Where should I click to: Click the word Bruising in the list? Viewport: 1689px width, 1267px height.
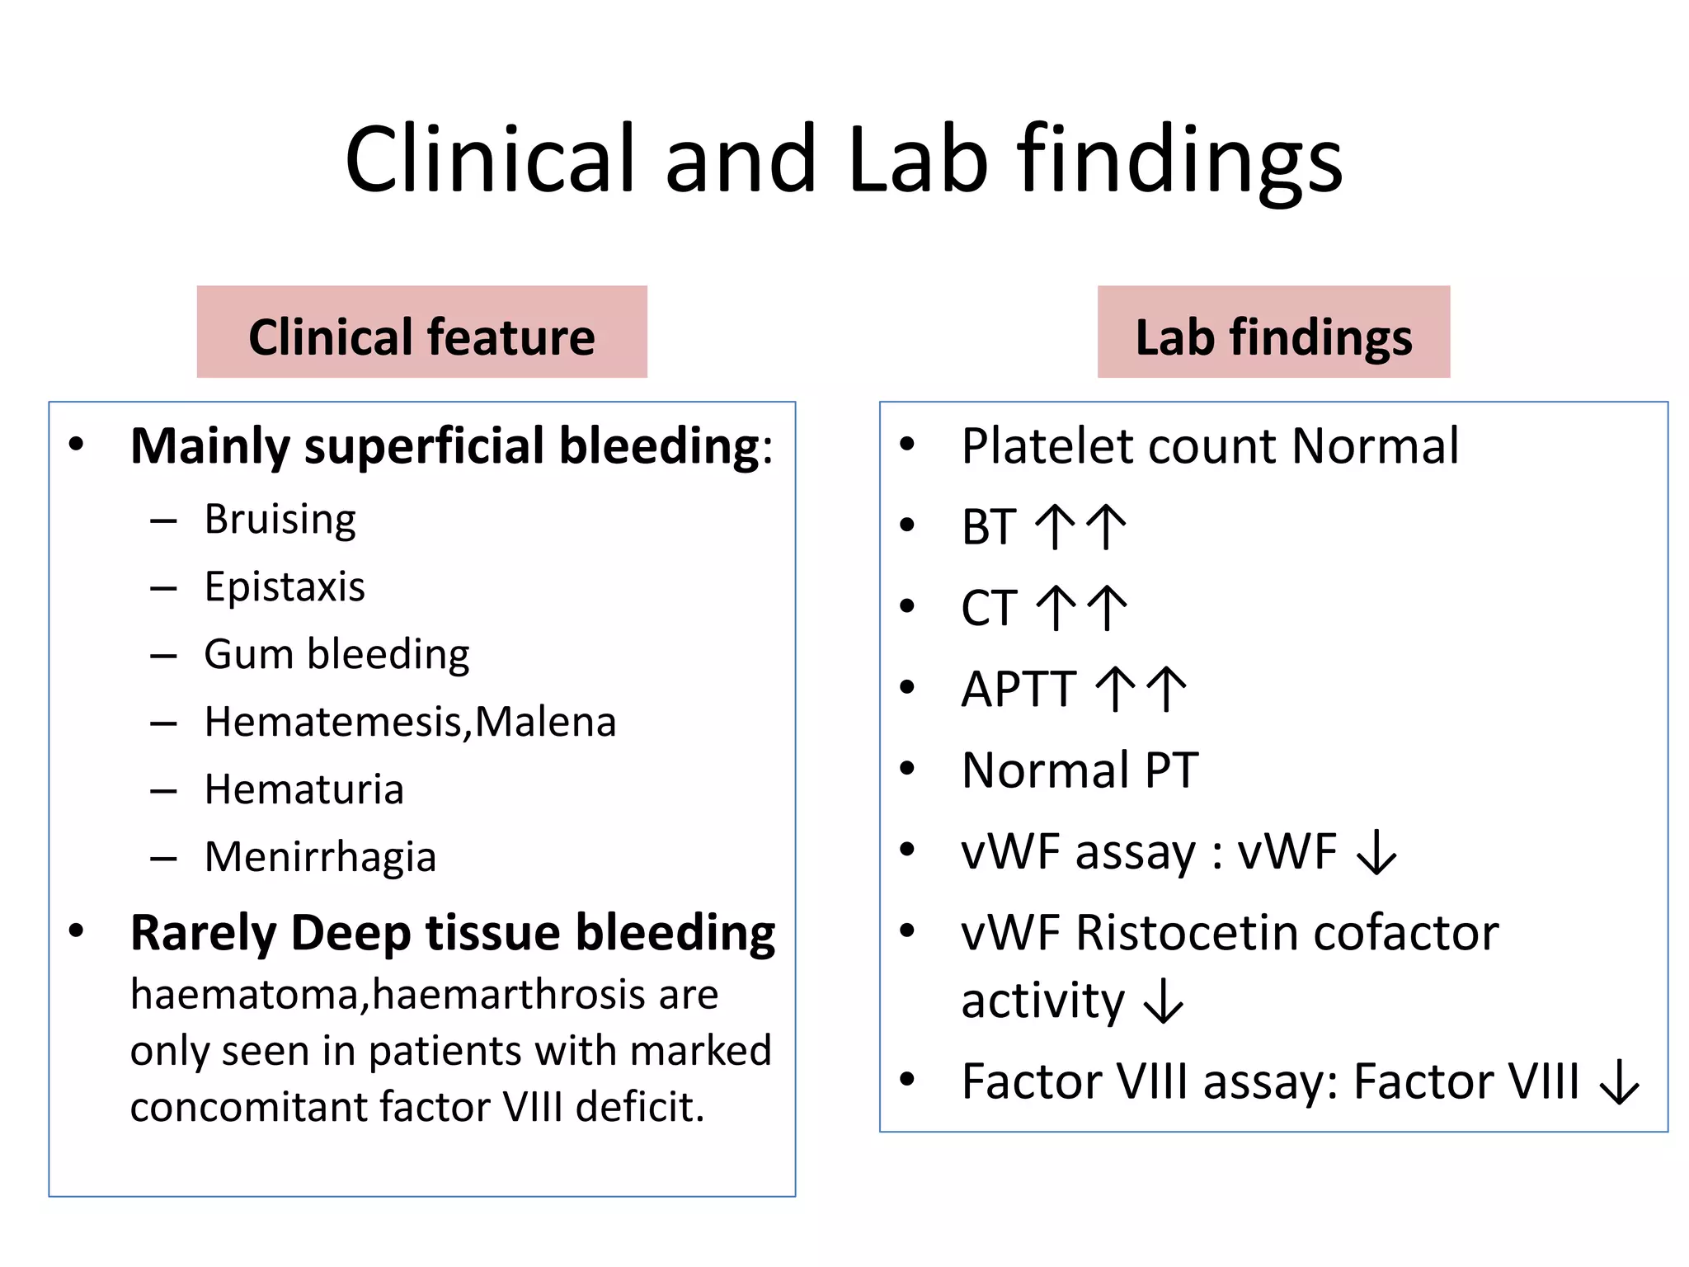[x=280, y=520]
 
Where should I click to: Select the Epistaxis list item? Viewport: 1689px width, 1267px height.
[x=285, y=587]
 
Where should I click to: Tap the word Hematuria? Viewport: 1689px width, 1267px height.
[x=303, y=789]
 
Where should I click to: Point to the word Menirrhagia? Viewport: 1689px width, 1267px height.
[x=320, y=857]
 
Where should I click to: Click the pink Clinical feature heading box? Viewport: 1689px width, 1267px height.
[x=421, y=332]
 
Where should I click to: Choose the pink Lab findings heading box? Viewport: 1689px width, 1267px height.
[x=1273, y=332]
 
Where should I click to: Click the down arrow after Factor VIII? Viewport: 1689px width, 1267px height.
[x=1619, y=1082]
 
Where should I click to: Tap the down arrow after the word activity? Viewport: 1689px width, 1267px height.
[x=1164, y=1001]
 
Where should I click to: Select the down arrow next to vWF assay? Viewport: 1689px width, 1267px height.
[x=1376, y=853]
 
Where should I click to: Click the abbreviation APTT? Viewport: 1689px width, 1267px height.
[x=1019, y=690]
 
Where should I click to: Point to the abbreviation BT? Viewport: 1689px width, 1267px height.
[x=988, y=527]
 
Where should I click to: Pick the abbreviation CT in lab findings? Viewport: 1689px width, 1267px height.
[x=988, y=609]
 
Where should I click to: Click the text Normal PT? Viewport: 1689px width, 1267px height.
[x=1080, y=770]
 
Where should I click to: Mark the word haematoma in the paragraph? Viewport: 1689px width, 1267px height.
[x=244, y=995]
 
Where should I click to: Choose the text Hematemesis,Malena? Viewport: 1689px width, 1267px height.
[x=410, y=722]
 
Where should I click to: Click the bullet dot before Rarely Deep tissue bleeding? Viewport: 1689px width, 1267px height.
[x=77, y=931]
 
